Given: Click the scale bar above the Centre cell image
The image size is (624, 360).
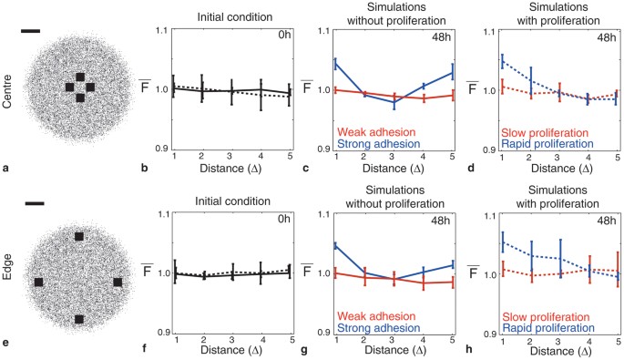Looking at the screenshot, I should (x=30, y=31).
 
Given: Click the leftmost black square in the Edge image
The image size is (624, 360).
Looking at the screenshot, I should (x=39, y=283).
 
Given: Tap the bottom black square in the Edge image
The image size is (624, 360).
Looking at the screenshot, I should (x=79, y=319).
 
